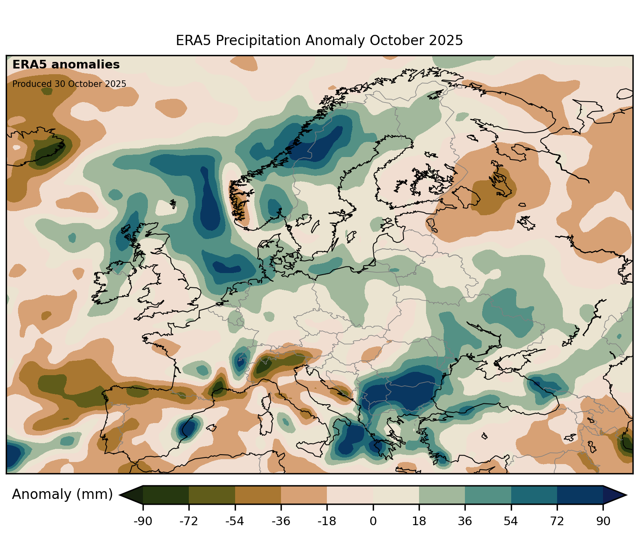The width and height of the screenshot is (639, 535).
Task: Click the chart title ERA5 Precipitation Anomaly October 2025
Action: click(x=319, y=41)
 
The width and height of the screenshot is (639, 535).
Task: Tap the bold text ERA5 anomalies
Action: click(x=66, y=65)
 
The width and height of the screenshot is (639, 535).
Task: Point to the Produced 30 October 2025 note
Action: click(x=69, y=84)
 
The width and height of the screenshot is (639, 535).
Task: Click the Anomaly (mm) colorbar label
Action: click(x=62, y=494)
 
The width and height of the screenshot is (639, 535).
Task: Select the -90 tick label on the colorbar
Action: click(x=143, y=521)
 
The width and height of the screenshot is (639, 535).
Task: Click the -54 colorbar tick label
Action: click(x=235, y=521)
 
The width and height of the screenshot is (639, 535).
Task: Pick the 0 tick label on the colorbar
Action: click(x=373, y=521)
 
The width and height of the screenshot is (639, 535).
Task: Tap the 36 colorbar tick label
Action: click(x=465, y=521)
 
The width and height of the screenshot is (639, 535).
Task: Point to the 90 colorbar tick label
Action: click(x=603, y=521)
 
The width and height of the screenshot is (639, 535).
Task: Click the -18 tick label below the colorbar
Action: click(x=326, y=521)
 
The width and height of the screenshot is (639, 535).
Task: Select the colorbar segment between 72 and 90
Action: click(x=580, y=495)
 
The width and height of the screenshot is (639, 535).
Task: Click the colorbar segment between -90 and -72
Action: click(x=166, y=495)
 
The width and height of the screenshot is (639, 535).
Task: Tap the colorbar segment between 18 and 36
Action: click(x=442, y=495)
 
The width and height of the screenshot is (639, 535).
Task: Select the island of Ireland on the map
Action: click(x=113, y=283)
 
